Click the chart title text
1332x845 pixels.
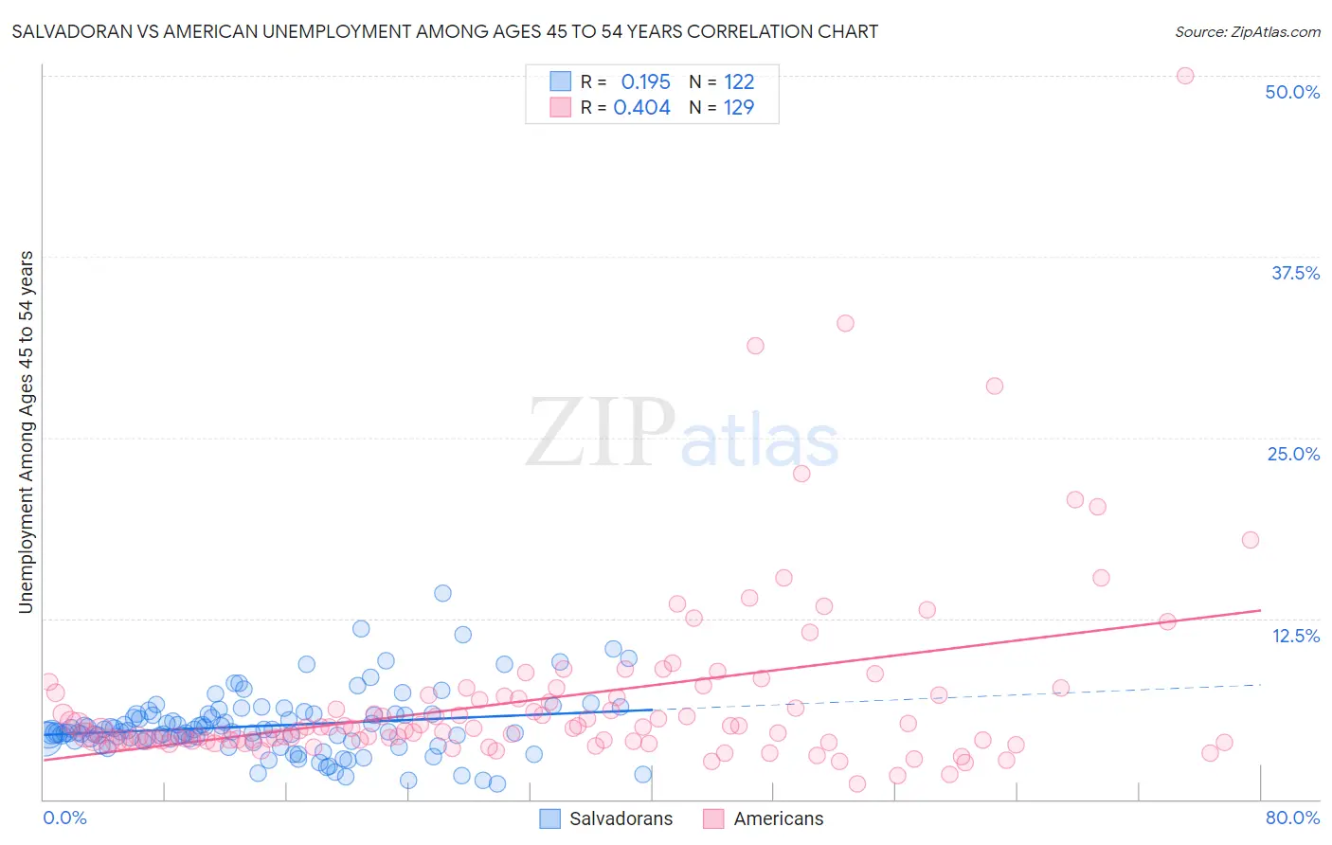click(444, 31)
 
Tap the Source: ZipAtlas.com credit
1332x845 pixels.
click(1247, 31)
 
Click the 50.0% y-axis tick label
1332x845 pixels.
click(1292, 92)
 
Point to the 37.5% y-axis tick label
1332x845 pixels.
click(1295, 273)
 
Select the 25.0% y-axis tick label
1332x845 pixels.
click(1293, 454)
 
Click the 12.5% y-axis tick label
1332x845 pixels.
click(1295, 636)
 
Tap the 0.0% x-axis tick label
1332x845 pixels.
click(64, 818)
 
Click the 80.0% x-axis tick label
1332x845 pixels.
click(1292, 818)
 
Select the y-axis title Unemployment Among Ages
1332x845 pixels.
click(27, 431)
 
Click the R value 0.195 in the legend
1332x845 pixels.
click(645, 82)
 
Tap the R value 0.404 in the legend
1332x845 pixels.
click(641, 108)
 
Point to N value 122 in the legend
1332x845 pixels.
click(739, 82)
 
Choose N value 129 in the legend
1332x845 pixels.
click(739, 108)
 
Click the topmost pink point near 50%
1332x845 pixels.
click(1184, 76)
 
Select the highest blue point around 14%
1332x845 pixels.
click(442, 593)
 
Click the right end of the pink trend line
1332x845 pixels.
click(1260, 610)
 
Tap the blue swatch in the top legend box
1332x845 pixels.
click(561, 81)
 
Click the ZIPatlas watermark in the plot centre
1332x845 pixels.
click(682, 433)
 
